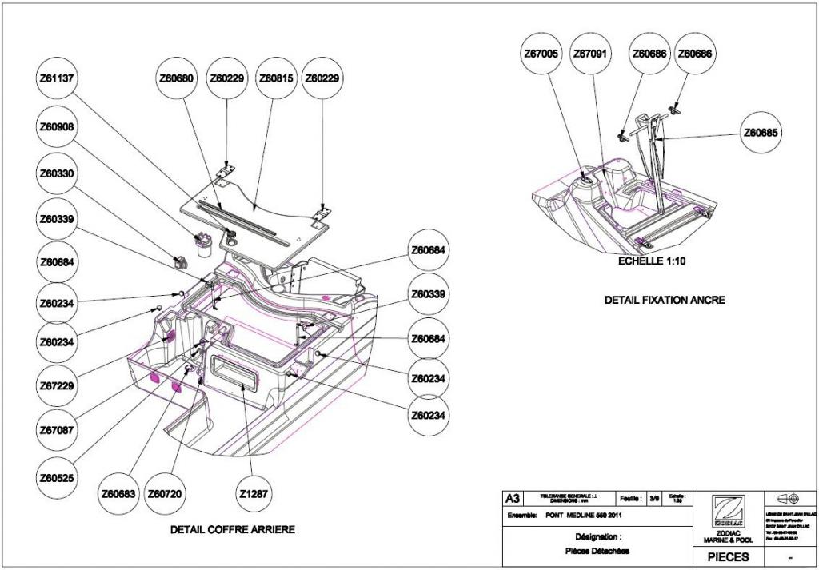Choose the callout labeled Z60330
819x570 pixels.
click(x=58, y=173)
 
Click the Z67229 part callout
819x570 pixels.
click(x=58, y=386)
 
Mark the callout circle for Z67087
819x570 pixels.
click(x=58, y=430)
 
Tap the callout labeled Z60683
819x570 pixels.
click(x=118, y=494)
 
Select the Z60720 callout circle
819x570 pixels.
click(x=166, y=494)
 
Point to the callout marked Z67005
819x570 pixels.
click(x=541, y=54)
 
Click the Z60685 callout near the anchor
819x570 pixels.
click(x=761, y=132)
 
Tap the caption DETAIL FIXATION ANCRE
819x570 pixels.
click(x=665, y=300)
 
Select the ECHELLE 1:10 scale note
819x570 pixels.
click(x=651, y=261)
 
